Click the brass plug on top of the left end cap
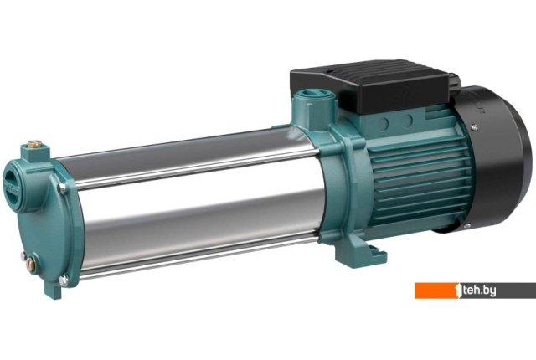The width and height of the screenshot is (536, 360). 34,144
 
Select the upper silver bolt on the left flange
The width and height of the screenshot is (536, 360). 62,188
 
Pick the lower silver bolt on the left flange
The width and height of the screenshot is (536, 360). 64,280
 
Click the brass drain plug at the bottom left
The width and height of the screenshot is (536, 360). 30,265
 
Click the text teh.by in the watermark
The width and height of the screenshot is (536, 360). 478,291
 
